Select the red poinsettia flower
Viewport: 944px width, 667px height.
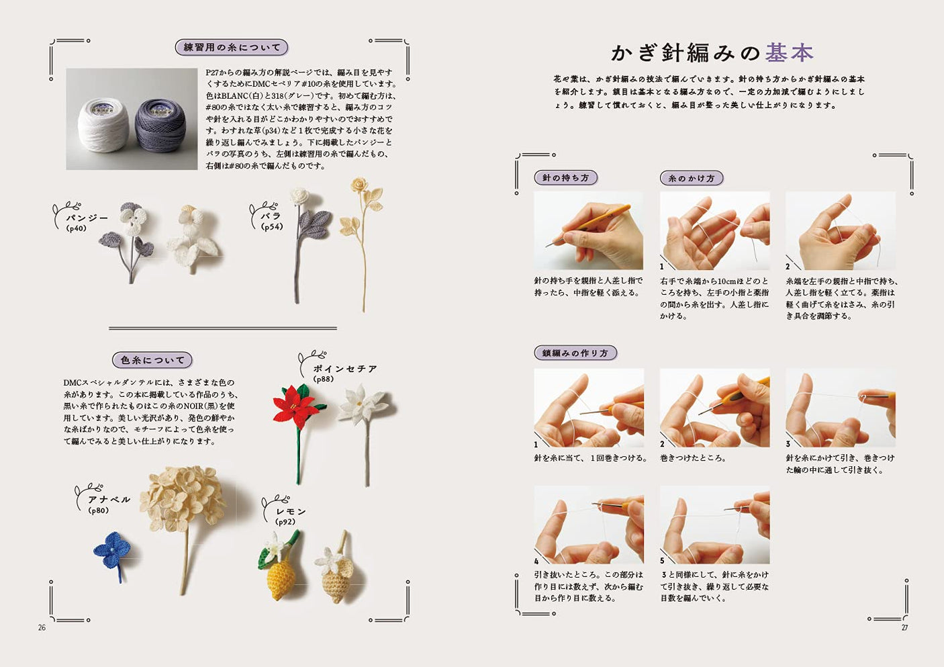coord(294,406)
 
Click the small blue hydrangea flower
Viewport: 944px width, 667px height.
coord(110,551)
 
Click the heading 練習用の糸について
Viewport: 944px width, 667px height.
coord(232,48)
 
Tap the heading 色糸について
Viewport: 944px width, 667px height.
coord(152,360)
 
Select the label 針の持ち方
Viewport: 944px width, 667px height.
coord(565,178)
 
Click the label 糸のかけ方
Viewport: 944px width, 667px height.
coord(691,178)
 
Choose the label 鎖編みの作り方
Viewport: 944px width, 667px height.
coord(575,353)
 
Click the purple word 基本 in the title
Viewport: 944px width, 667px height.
coord(789,52)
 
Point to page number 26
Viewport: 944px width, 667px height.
coord(42,627)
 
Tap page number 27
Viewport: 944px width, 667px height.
coord(904,627)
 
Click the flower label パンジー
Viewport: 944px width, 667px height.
coord(87,218)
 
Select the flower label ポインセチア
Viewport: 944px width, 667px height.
coord(344,369)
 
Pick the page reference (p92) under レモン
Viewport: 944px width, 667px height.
coord(285,522)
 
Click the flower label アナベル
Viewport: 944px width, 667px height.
coord(109,500)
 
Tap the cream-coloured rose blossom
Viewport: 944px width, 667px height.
coord(361,185)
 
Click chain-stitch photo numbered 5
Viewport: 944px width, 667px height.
coord(714,525)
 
